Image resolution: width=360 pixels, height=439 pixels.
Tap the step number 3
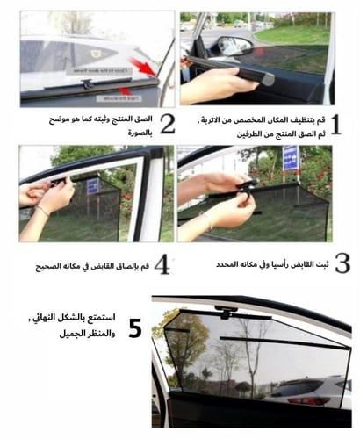(342, 262)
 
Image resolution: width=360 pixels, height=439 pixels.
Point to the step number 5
(135, 329)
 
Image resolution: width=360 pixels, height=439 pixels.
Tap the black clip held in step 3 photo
(247, 185)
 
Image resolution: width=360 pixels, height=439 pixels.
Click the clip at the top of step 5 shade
(226, 312)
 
